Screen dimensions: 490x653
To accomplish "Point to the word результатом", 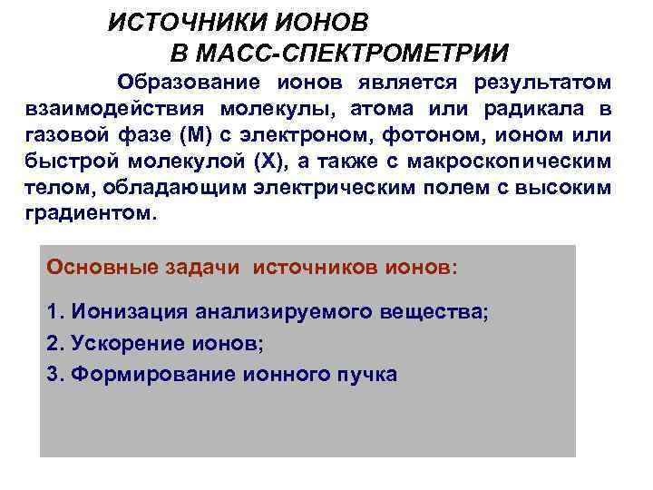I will (x=541, y=83).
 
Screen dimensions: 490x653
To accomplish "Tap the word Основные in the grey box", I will (x=102, y=269).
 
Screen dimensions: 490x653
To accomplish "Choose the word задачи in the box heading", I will (x=201, y=269).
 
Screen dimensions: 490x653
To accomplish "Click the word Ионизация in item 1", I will (x=125, y=312).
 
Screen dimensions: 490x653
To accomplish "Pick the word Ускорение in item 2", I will (x=118, y=344).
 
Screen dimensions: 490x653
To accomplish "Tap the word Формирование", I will (x=136, y=375).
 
